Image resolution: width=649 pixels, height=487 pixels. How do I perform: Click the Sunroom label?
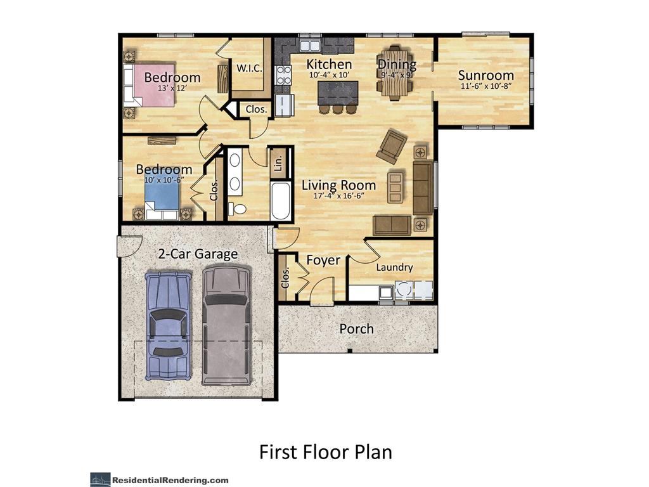tap(486, 75)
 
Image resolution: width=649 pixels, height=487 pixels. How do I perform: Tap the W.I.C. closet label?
tap(249, 68)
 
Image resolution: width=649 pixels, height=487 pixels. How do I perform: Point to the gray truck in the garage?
tap(227, 325)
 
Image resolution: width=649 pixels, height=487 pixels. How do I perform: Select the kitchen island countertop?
tap(338, 93)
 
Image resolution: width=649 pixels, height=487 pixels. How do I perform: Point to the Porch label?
tap(356, 329)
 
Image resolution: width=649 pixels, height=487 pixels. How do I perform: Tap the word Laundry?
tap(394, 268)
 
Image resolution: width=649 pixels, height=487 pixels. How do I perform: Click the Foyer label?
tap(323, 260)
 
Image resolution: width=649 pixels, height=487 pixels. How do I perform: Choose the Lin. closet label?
tap(278, 163)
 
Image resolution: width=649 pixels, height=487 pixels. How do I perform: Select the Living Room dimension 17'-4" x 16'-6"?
tap(338, 195)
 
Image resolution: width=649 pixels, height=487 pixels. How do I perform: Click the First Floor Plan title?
tap(325, 451)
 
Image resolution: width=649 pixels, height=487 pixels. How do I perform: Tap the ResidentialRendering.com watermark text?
tap(170, 481)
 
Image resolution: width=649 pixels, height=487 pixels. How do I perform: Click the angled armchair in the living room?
tap(392, 146)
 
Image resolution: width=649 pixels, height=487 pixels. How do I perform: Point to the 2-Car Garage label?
tap(198, 254)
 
